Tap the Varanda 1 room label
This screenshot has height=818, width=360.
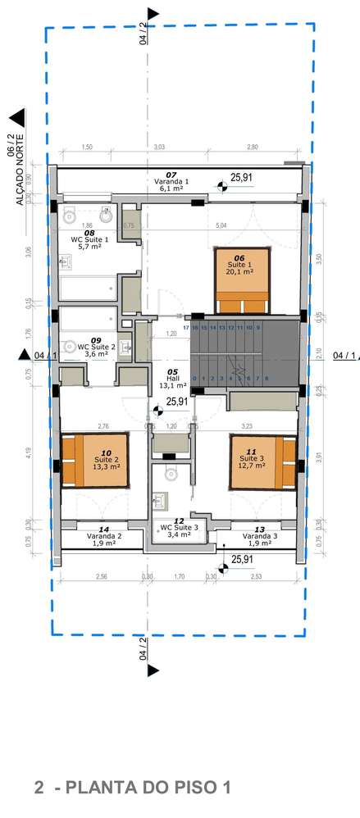pos(171,181)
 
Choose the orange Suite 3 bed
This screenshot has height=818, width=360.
pos(262,461)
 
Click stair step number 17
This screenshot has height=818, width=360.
pos(186,327)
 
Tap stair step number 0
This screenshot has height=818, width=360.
pos(194,379)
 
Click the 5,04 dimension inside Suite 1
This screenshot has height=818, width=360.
pos(221,225)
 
